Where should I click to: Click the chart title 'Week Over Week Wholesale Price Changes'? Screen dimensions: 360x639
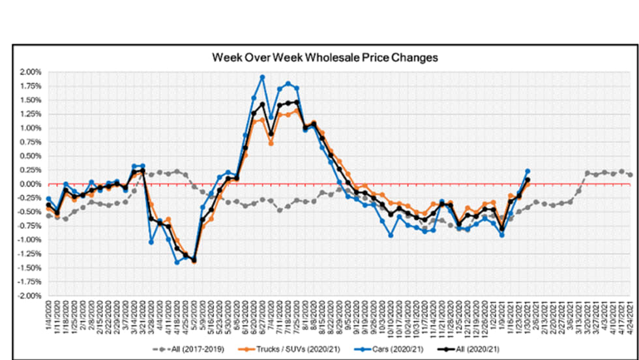point(325,57)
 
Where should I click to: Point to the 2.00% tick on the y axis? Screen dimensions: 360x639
point(30,72)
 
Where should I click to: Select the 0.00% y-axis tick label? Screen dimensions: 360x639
point(30,184)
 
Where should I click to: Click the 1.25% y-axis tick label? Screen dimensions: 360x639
point(30,113)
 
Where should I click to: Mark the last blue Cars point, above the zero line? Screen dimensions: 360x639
point(528,171)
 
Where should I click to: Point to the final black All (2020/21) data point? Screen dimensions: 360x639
point(528,179)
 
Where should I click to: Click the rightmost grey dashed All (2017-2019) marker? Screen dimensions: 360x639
point(629,175)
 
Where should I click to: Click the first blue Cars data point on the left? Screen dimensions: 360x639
point(49,198)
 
